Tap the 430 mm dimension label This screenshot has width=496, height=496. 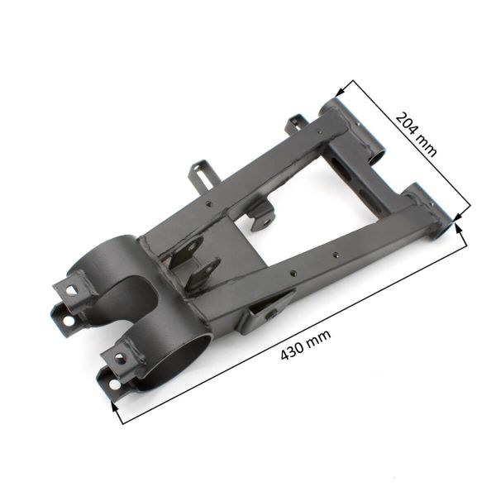[305, 344]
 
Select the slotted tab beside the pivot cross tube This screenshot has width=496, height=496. [295, 126]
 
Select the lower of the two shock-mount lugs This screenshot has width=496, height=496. [203, 273]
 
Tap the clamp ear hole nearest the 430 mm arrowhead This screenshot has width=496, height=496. [108, 379]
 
